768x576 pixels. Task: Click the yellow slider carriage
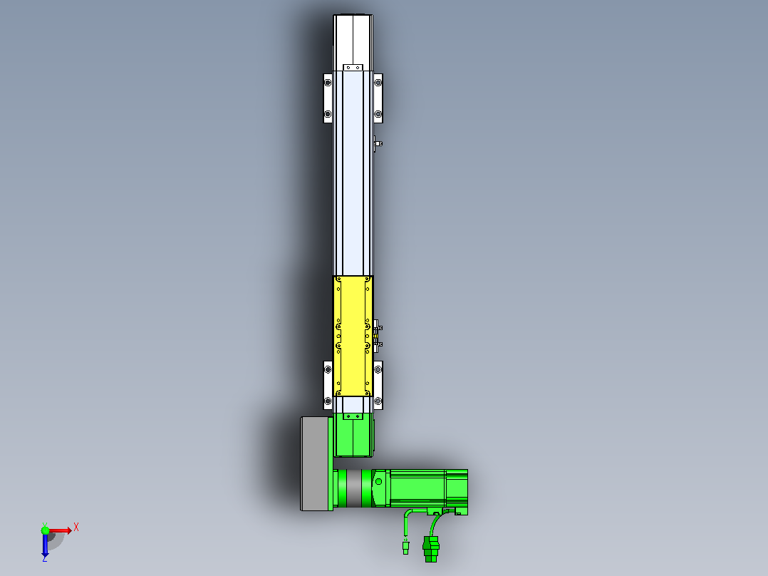point(353,336)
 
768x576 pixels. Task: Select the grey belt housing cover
point(316,464)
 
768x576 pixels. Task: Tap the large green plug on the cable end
point(431,548)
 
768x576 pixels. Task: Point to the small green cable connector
point(405,547)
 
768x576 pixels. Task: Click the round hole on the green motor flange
point(378,482)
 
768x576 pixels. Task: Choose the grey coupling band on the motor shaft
point(354,488)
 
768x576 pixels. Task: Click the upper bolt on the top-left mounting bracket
point(328,83)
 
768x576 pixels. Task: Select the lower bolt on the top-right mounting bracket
point(378,114)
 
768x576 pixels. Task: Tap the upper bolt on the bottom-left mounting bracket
point(328,369)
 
